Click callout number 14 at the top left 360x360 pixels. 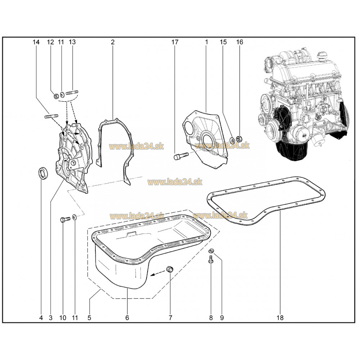(x=36, y=42)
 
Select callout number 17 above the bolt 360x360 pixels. (x=175, y=42)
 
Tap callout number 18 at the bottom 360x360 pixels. (x=280, y=318)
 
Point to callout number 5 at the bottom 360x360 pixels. (x=89, y=318)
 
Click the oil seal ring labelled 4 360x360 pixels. (x=43, y=174)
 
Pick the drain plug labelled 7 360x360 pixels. (x=170, y=269)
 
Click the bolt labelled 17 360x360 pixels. (x=181, y=156)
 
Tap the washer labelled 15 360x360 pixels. (x=232, y=140)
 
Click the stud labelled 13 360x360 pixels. (x=72, y=93)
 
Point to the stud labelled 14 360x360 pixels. (x=51, y=116)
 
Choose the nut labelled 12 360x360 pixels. (x=56, y=96)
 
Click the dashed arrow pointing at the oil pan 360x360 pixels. (x=158, y=273)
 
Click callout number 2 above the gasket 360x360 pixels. (x=112, y=42)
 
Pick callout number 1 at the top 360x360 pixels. (x=206, y=42)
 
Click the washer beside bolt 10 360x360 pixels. (x=75, y=217)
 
